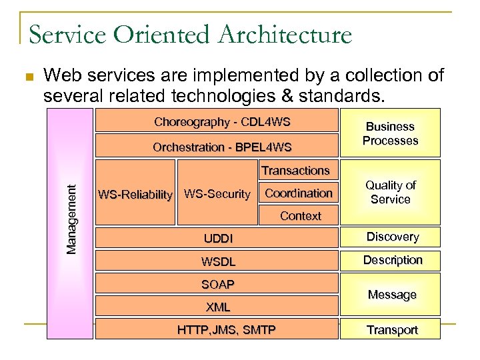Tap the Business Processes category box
click(391, 133)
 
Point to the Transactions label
click(295, 171)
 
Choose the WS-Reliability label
click(135, 195)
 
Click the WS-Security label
click(217, 194)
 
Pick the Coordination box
click(299, 193)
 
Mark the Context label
click(300, 216)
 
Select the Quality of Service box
click(391, 192)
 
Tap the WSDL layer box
click(217, 262)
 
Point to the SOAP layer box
click(217, 285)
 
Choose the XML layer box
click(217, 307)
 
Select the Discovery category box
click(392, 237)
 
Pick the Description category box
click(392, 260)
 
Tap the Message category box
click(392, 295)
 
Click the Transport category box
click(392, 330)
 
